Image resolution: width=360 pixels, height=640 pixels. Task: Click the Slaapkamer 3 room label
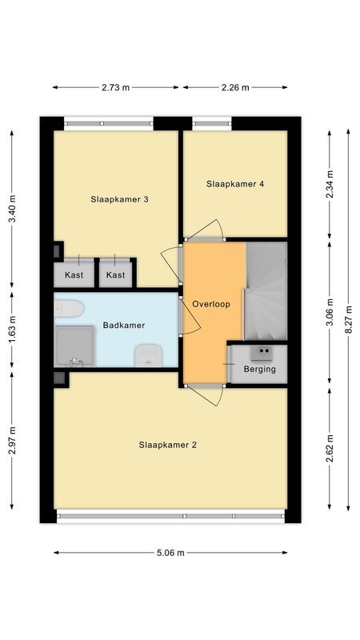(119, 200)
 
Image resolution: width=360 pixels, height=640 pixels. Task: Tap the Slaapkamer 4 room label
(235, 184)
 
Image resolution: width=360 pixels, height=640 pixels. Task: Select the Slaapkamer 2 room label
(167, 445)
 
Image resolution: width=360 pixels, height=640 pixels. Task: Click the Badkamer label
(124, 326)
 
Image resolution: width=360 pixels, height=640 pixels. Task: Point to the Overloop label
(211, 304)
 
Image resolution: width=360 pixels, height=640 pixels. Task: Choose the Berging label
(260, 369)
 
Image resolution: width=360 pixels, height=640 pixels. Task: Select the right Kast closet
(116, 274)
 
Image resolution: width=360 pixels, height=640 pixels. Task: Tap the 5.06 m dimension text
(170, 553)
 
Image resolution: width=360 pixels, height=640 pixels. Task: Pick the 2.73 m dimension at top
(115, 88)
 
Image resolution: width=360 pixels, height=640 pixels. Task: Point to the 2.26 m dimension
(234, 88)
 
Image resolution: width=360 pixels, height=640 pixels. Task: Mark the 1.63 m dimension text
(12, 330)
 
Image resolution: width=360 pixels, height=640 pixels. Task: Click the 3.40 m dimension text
(12, 208)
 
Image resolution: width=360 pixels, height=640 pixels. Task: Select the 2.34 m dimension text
(329, 184)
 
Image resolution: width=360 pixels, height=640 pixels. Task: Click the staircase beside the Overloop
(266, 292)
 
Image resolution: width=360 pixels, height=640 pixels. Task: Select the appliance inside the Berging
(261, 352)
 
